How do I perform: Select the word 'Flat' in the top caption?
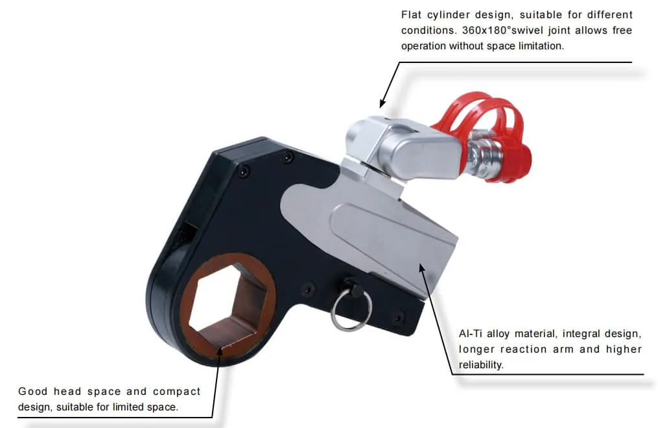click(x=411, y=15)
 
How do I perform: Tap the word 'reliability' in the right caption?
click(x=480, y=364)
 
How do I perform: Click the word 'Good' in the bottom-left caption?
click(x=32, y=392)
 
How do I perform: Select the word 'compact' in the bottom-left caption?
click(x=177, y=392)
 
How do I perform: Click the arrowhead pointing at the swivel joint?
click(x=382, y=103)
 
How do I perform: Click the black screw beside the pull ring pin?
click(x=309, y=289)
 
